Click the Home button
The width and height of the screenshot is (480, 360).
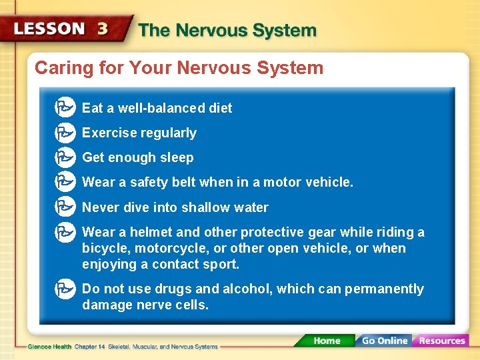(x=326, y=341)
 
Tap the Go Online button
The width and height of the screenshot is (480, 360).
(x=384, y=341)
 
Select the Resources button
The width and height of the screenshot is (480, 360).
(x=441, y=341)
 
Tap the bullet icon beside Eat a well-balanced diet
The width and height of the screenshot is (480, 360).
(x=65, y=107)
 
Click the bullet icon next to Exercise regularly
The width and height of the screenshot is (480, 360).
(x=65, y=133)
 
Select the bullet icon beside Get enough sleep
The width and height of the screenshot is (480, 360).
(x=65, y=157)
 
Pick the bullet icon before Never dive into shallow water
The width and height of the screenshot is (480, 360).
(x=65, y=207)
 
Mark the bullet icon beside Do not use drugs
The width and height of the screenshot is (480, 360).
(x=65, y=289)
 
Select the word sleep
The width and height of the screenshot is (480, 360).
(x=177, y=158)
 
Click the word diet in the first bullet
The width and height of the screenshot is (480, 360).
(x=221, y=108)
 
